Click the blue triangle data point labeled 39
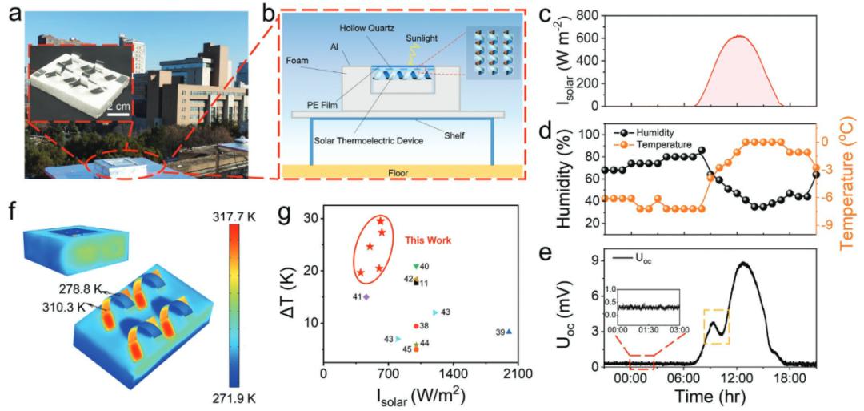(x=509, y=332)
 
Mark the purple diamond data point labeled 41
(x=366, y=296)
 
